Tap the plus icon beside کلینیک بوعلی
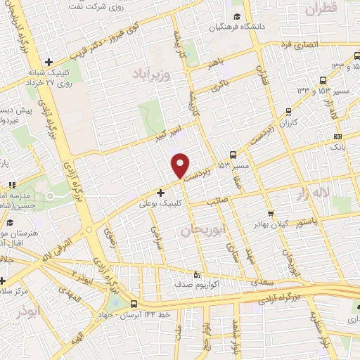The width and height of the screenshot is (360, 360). coord(161,192)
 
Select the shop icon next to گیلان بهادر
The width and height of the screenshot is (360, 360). coord(270,213)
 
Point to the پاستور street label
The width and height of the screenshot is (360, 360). coord(306,221)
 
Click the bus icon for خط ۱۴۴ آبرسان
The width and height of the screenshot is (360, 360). coord(134,304)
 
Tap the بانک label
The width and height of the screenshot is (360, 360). coord(337,149)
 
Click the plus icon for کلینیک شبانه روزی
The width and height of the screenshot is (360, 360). coord(48,62)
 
